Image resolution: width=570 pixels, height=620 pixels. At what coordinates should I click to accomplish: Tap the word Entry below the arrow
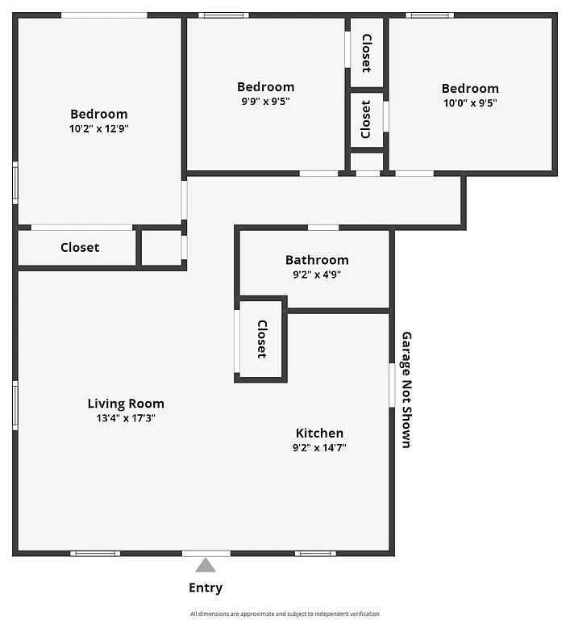(206, 588)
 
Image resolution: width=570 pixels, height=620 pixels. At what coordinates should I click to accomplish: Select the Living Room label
(126, 404)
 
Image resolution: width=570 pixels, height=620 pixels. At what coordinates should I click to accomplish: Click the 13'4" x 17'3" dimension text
(126, 418)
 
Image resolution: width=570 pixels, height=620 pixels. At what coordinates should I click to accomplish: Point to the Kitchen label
(319, 434)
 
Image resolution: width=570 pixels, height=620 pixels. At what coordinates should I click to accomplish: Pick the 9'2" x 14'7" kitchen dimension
(319, 447)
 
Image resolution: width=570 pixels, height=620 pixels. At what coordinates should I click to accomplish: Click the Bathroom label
(317, 260)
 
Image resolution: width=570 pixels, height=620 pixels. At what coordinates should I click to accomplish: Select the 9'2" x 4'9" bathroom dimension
(317, 274)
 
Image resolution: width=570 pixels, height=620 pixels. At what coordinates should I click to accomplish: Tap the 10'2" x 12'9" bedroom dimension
(99, 128)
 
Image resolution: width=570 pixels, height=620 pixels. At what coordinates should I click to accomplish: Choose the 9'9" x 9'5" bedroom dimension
(265, 102)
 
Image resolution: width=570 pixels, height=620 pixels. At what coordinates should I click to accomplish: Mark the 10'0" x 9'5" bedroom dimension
(470, 103)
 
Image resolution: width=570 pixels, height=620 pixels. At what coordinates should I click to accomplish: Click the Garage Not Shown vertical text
(406, 389)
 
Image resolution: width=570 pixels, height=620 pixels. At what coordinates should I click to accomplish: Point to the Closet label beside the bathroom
(261, 339)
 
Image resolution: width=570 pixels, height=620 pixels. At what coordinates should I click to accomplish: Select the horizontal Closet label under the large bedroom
(80, 247)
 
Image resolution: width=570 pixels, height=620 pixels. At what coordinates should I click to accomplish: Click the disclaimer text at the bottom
(285, 614)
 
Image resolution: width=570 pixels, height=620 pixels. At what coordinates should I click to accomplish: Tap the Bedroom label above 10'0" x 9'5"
(470, 88)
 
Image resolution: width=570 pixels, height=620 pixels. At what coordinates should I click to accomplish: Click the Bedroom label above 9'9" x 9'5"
(265, 87)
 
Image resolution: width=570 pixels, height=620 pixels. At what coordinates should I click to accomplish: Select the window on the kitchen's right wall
(392, 385)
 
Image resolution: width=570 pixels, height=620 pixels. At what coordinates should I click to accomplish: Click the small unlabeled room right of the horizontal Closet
(161, 248)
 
